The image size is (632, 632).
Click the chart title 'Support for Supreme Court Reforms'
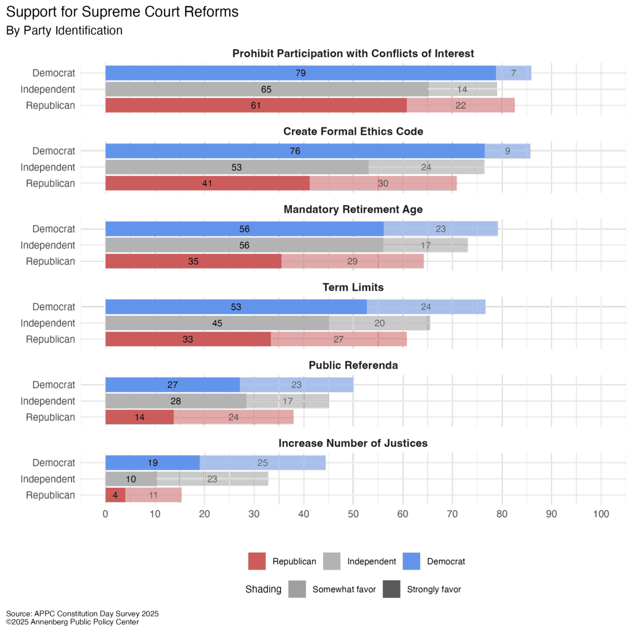123,12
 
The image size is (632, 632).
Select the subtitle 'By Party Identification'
64,30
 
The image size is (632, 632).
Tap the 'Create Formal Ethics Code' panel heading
353,131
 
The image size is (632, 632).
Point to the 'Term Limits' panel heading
353,287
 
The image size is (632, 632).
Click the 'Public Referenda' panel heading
353,365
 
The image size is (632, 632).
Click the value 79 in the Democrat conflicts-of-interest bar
300,73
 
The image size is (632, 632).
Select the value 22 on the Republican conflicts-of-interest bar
461,105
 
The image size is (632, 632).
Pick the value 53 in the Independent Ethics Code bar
237,167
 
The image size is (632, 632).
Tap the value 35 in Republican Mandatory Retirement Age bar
193,262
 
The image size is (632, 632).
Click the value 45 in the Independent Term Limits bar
217,323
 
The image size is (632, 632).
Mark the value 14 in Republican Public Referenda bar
140,417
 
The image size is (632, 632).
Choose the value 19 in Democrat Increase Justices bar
152,463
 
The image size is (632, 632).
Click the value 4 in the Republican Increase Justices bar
115,496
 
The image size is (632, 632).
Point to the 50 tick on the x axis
353,514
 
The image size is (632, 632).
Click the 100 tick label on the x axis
601,514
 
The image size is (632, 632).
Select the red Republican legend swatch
257,562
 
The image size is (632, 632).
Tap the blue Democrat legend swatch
411,562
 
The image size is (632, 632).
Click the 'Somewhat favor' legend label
344,589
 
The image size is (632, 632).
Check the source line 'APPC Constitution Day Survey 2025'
83,614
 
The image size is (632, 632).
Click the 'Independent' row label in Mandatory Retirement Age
48,246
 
